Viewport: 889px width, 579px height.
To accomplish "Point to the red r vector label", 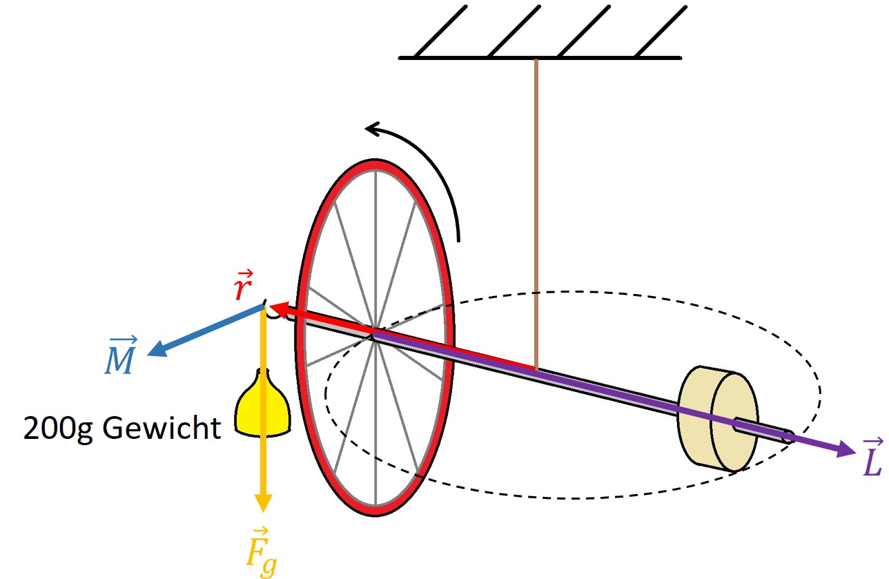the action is pyautogui.click(x=243, y=285).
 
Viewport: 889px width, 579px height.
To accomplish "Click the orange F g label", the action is pyautogui.click(x=261, y=552).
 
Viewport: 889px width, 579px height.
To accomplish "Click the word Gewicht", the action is pyautogui.click(x=162, y=428).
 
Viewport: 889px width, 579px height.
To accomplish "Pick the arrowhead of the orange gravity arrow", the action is pyautogui.click(x=262, y=503).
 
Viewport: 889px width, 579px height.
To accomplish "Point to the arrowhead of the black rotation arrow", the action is pyautogui.click(x=373, y=129).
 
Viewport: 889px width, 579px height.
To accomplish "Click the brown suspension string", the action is pyautogui.click(x=536, y=215).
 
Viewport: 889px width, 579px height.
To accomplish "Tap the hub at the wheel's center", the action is pyautogui.click(x=375, y=336).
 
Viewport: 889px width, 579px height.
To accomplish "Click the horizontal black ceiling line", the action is pyautogui.click(x=540, y=58).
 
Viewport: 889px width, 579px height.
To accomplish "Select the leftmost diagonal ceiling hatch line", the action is pyautogui.click(x=440, y=31).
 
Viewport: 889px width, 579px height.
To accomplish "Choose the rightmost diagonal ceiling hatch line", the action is pyautogui.click(x=661, y=31).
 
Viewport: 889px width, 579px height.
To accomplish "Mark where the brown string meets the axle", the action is pyautogui.click(x=536, y=369).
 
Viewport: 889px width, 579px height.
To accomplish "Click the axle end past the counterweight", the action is pyautogui.click(x=788, y=437).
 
